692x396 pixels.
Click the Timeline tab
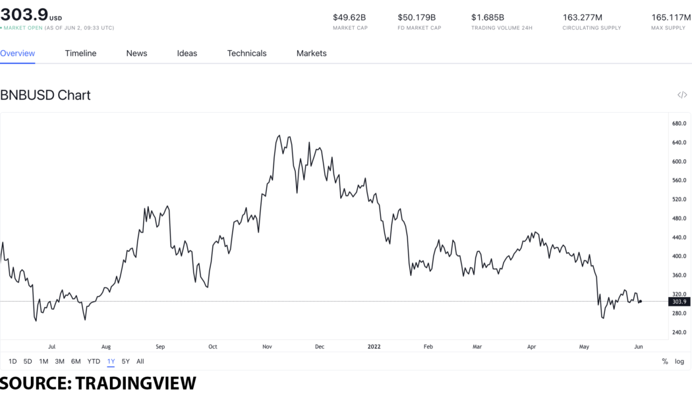(x=80, y=53)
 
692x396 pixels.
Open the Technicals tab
(x=246, y=53)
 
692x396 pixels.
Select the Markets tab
(x=311, y=53)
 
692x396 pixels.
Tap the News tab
(x=136, y=53)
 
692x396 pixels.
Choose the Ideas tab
(x=187, y=53)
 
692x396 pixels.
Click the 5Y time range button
(x=126, y=362)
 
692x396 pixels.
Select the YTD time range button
(x=94, y=362)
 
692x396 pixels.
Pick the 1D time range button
(x=13, y=362)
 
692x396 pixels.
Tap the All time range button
(x=140, y=362)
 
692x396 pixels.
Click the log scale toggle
(x=679, y=362)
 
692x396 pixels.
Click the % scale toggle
(x=665, y=362)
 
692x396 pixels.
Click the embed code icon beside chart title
(x=682, y=95)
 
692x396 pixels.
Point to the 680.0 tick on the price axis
(x=679, y=123)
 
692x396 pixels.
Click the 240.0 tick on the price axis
(x=679, y=332)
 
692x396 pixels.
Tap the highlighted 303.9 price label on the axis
(x=678, y=302)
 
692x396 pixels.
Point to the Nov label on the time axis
(x=268, y=346)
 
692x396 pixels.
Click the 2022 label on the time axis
(x=374, y=346)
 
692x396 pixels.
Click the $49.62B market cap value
(x=349, y=17)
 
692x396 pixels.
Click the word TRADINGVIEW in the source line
(x=136, y=383)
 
